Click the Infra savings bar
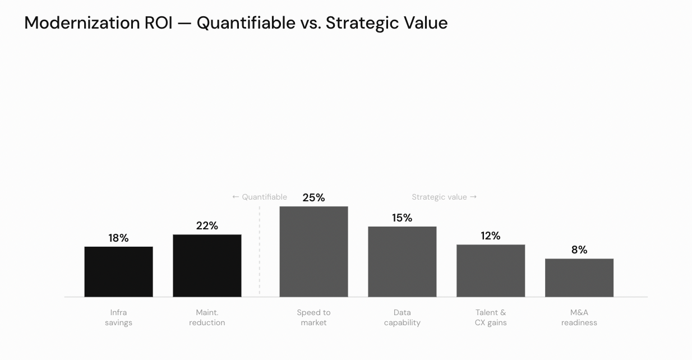(118, 272)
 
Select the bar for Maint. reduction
(207, 266)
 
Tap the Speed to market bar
(313, 252)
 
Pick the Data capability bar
(402, 262)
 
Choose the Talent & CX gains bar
(491, 271)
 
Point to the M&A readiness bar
(579, 278)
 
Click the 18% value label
(118, 238)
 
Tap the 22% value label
(207, 226)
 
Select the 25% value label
(313, 198)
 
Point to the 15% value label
(402, 218)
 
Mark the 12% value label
(491, 236)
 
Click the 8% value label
(579, 250)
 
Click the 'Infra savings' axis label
(118, 317)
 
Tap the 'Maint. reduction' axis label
(207, 317)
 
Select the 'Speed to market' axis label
(313, 317)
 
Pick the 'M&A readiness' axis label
(579, 317)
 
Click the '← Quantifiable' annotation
(260, 197)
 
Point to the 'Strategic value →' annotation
(444, 197)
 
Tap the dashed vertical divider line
(260, 252)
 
